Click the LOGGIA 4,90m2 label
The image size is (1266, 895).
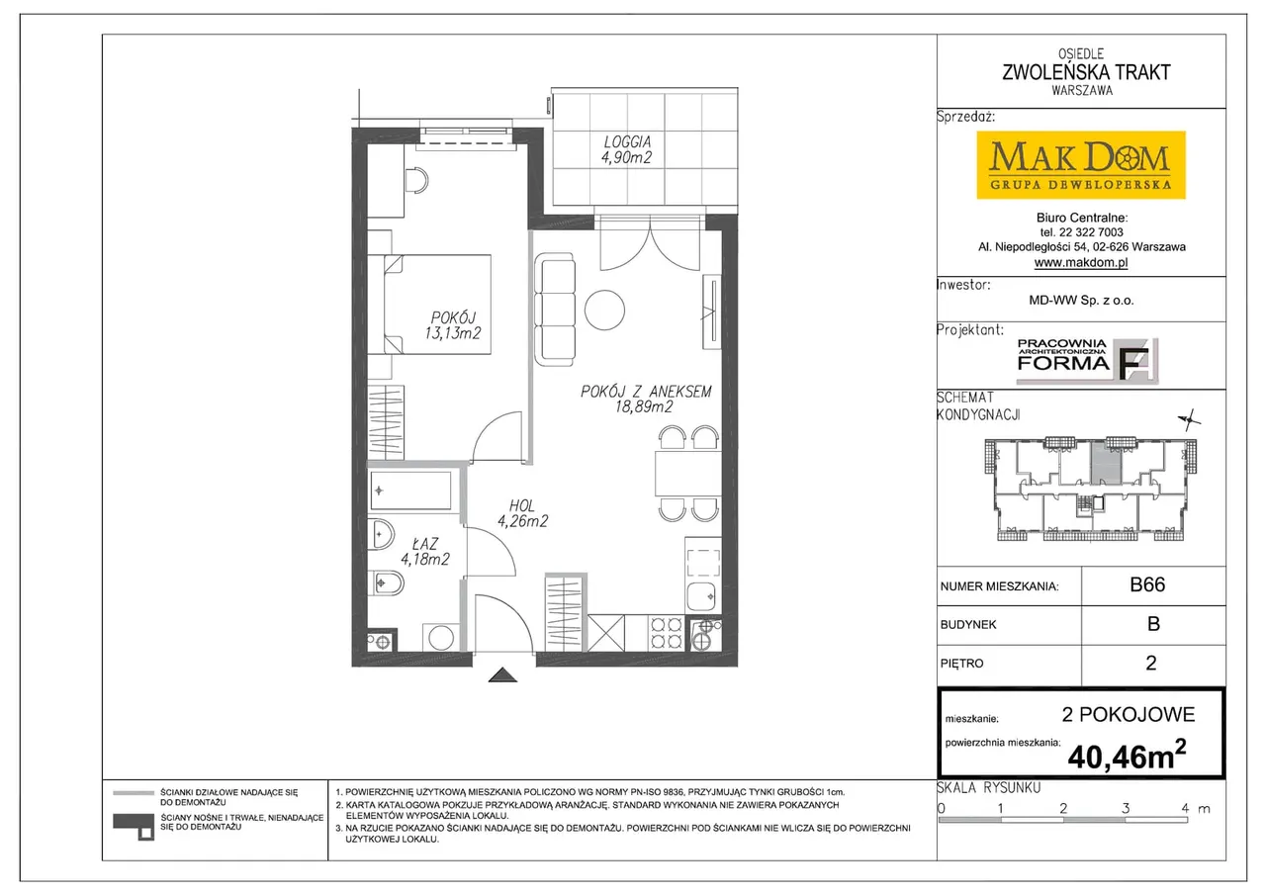627,149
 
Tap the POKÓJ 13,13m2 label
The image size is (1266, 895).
453,325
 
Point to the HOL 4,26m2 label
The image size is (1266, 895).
522,513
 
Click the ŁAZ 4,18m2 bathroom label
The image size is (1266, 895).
425,552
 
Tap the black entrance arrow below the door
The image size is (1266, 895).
502,674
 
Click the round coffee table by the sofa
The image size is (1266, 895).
604,310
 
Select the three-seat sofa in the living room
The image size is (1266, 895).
555,310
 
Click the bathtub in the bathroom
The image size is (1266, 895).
410,491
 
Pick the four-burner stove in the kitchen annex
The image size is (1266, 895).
666,633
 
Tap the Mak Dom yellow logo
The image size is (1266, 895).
1081,165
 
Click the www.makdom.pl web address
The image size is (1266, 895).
1081,262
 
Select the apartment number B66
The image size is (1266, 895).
1147,584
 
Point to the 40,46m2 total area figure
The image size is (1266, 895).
1127,755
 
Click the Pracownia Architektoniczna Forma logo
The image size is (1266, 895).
1087,361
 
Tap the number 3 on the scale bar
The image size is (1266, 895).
1126,808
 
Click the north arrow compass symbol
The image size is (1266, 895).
1189,420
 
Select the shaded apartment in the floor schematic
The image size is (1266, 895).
1106,463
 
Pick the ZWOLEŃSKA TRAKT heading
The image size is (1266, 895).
1086,72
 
